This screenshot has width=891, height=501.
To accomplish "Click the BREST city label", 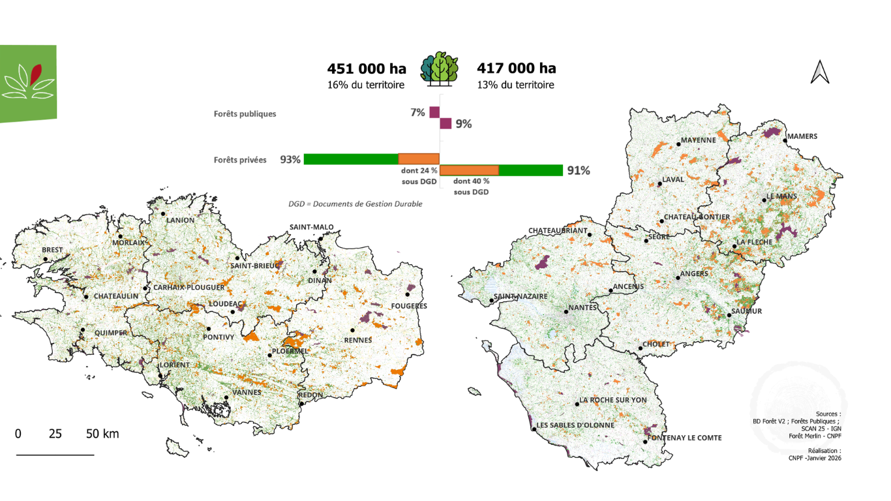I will (x=52, y=250).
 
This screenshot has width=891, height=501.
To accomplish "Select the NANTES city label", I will (x=582, y=307).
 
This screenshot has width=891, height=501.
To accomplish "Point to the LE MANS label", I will (x=781, y=196).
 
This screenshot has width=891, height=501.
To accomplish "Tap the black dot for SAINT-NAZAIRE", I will (x=491, y=301).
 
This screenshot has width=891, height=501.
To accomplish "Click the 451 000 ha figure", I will (x=367, y=68).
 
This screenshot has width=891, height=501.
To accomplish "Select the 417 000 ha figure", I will (x=517, y=68).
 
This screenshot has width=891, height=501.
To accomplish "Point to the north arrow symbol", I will (x=820, y=72).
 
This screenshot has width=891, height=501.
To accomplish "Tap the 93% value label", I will (x=290, y=159).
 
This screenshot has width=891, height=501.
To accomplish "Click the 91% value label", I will (x=579, y=171).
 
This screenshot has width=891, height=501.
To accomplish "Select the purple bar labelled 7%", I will (x=434, y=112).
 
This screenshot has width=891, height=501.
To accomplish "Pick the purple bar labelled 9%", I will (x=445, y=123).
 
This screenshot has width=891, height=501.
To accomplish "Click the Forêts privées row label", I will (x=240, y=160).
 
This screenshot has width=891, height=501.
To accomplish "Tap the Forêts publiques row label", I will (x=245, y=114).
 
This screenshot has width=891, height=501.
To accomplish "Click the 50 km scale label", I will (x=102, y=434).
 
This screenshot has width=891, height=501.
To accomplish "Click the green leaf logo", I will (x=28, y=83).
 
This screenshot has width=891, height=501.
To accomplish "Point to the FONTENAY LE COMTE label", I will (x=685, y=438).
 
